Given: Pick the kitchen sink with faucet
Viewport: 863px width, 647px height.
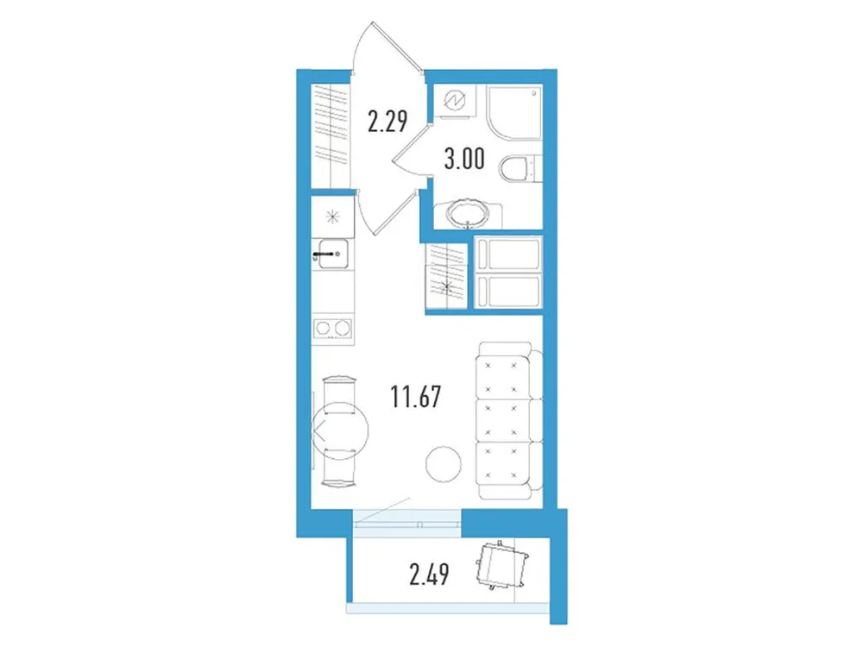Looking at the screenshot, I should pyautogui.click(x=332, y=253).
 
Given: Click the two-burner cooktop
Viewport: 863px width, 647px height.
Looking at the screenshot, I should pyautogui.click(x=332, y=328).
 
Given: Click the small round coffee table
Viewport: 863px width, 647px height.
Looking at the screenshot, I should pyautogui.click(x=443, y=465).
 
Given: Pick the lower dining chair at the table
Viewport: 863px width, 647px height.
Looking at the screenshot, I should pyautogui.click(x=338, y=469).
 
